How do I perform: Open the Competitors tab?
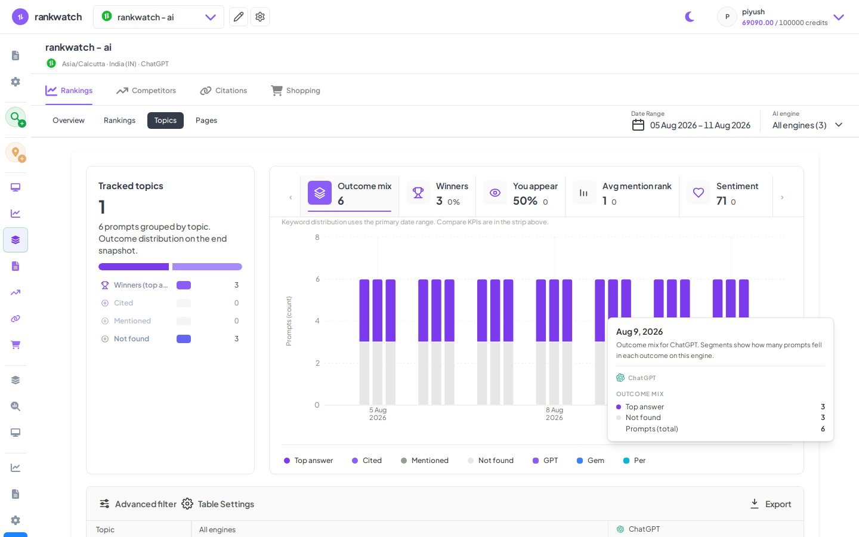[146, 91]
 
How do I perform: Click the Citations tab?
[223, 91]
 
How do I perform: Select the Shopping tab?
[295, 91]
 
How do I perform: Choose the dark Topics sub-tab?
[165, 121]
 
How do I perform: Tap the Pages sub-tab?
[206, 121]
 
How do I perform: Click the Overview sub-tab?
[68, 121]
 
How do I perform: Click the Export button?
[771, 504]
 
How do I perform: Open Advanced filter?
[138, 504]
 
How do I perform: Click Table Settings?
[218, 504]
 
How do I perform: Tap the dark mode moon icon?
[690, 17]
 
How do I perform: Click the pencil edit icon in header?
[239, 17]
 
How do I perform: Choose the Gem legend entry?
[591, 460]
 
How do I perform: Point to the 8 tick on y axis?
[317, 237]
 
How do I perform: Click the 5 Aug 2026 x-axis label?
[378, 414]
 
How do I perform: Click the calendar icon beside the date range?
[638, 125]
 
